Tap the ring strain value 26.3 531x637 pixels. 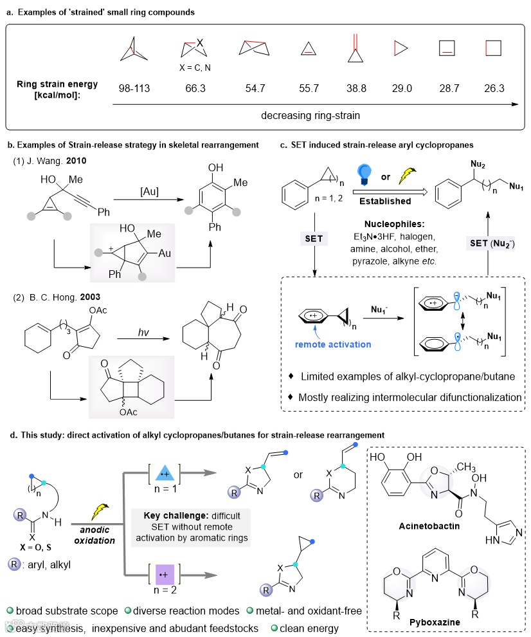pos(495,88)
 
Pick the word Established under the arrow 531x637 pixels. pos(386,201)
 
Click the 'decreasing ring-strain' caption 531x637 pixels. pos(302,115)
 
